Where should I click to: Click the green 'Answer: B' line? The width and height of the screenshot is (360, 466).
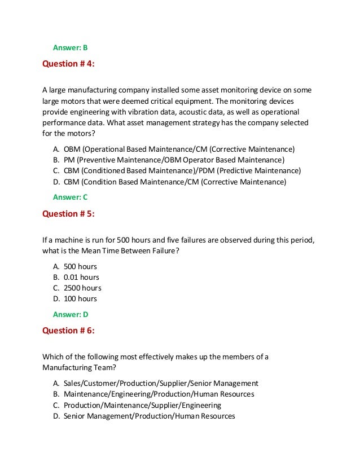(x=71, y=47)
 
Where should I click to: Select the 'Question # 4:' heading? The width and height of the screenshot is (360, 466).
(x=69, y=64)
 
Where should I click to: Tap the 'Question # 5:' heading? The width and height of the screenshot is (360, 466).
(x=69, y=213)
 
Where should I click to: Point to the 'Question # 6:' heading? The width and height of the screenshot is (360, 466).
(x=69, y=331)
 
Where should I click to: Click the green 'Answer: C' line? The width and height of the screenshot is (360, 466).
(x=71, y=197)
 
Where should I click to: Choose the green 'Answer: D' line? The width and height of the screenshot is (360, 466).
(x=71, y=314)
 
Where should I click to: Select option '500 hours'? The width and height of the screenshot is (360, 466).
(x=80, y=266)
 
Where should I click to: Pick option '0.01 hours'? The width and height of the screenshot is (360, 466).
(x=81, y=277)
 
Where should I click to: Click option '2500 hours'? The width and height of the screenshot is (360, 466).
(x=82, y=288)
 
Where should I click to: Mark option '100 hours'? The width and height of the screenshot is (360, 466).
(x=80, y=298)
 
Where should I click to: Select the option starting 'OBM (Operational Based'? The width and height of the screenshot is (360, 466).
(x=179, y=150)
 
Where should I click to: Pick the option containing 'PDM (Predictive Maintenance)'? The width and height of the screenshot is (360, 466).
(x=182, y=171)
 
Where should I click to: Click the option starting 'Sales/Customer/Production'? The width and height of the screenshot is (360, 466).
(x=161, y=384)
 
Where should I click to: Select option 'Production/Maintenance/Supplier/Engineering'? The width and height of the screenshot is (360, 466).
(x=142, y=405)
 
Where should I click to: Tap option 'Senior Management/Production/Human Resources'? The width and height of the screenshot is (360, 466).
(x=149, y=416)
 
